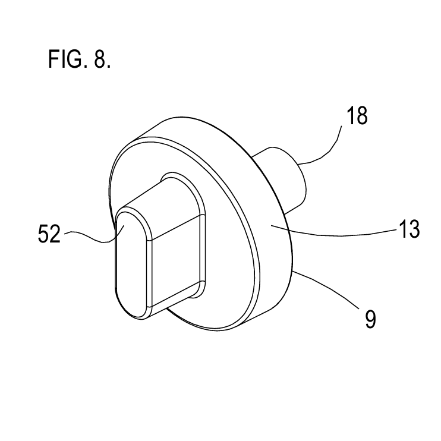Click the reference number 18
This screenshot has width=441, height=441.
[x=357, y=115]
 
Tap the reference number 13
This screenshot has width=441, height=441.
[x=409, y=229]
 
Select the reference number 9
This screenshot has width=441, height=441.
[x=370, y=319]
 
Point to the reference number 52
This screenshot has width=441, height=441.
[x=49, y=234]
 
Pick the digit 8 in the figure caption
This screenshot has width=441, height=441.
[x=100, y=59]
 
